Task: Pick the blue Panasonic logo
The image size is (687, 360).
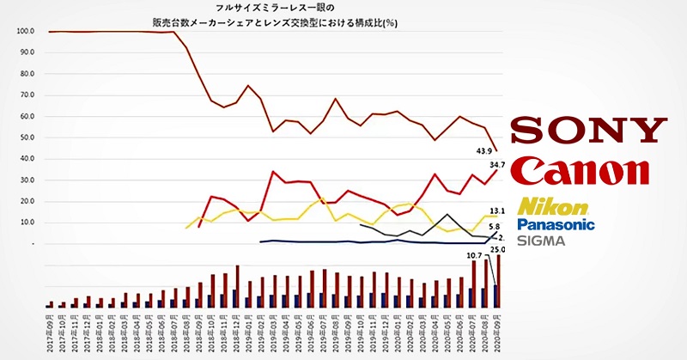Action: coord(556,224)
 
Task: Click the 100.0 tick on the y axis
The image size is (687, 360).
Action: coord(26,31)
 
